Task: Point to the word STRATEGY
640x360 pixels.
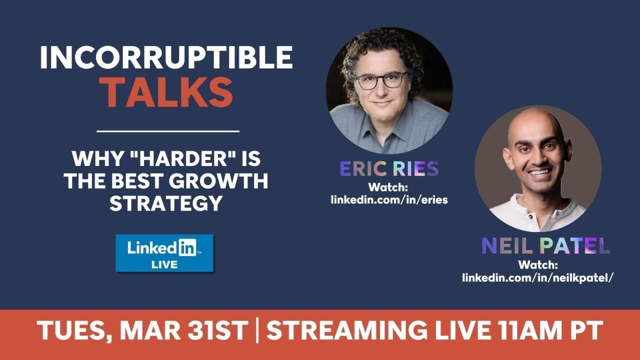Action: tap(166, 203)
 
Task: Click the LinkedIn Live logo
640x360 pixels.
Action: tap(164, 253)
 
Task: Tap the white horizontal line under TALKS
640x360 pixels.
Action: tap(167, 131)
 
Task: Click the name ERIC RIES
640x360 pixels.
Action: tap(389, 169)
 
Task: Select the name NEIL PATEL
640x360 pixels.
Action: tap(545, 246)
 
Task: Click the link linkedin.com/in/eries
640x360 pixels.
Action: tap(389, 199)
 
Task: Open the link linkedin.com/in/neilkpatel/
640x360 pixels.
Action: tap(538, 277)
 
